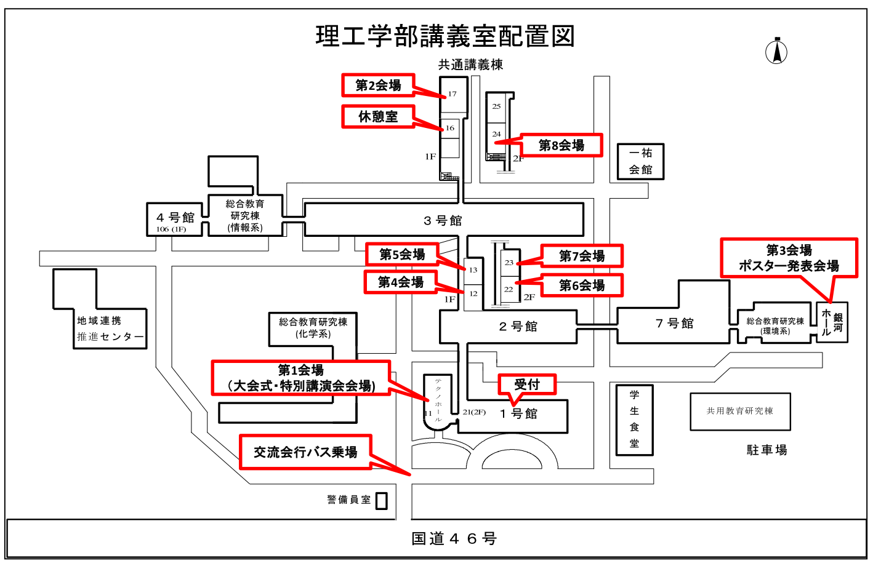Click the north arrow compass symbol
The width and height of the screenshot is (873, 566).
776,51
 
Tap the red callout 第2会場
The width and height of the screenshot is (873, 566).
378,86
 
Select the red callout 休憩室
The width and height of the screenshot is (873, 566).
378,116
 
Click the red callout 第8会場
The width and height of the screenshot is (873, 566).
561,145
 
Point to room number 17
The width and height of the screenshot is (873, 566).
453,94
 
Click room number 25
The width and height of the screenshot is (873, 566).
496,106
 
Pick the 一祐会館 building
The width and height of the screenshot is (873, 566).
640,161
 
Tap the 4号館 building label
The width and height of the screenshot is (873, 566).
175,217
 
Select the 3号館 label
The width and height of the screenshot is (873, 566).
443,220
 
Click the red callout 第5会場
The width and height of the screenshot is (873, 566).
402,254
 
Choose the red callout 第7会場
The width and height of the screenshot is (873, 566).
582,256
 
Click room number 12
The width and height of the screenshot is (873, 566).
473,294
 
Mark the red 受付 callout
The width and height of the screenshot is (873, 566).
527,385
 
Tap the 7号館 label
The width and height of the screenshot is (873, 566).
675,324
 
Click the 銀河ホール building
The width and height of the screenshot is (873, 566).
832,322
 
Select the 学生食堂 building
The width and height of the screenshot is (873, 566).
634,420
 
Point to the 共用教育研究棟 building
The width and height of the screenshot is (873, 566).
740,411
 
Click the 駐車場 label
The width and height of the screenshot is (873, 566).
766,450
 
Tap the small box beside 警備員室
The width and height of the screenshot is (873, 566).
382,501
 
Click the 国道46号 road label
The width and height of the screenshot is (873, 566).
454,539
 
